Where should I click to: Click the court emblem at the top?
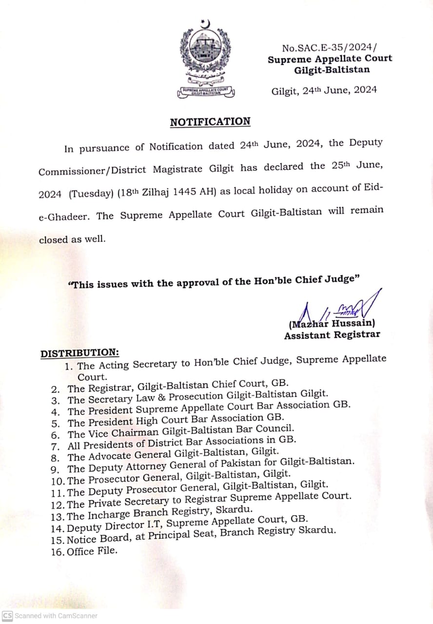pyautogui.click(x=205, y=58)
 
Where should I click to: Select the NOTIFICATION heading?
pyautogui.click(x=210, y=122)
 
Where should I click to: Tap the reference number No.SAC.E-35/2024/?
pyautogui.click(x=330, y=48)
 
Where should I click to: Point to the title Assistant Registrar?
pyautogui.click(x=332, y=335)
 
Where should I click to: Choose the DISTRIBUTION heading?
pyautogui.click(x=79, y=353)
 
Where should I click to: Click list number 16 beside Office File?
pyautogui.click(x=57, y=552)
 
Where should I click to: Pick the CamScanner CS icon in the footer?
pyautogui.click(x=7, y=616)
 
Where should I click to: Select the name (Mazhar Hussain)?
pyautogui.click(x=332, y=323)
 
